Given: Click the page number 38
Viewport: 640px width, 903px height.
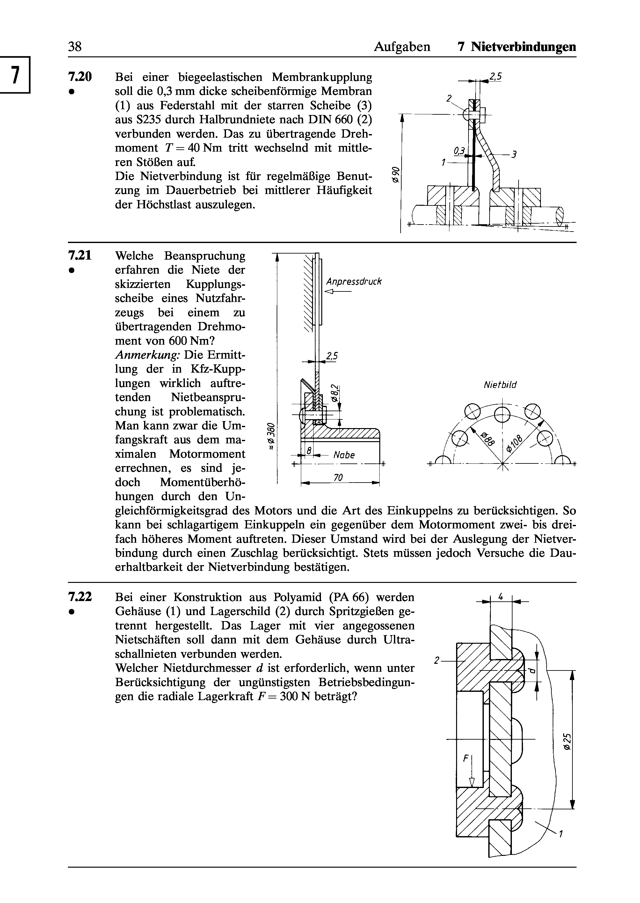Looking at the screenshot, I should pos(75,47).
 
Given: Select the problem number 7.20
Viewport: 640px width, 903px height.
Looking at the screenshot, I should pos(80,76).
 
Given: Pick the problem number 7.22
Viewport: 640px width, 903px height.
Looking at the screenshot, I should pos(80,597).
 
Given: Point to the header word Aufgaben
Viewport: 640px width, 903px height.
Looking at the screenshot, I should pos(402,47).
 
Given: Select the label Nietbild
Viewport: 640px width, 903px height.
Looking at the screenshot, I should pos(500,385).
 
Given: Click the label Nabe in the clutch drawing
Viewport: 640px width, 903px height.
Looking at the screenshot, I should pos(344,455).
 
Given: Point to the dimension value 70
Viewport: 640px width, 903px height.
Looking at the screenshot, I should pos(338,478).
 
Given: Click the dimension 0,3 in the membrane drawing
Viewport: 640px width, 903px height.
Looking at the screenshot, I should pos(459,150).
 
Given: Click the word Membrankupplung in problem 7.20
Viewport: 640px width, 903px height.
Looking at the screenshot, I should pos(322,77).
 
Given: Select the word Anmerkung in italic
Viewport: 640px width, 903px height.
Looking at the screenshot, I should pos(147,355).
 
